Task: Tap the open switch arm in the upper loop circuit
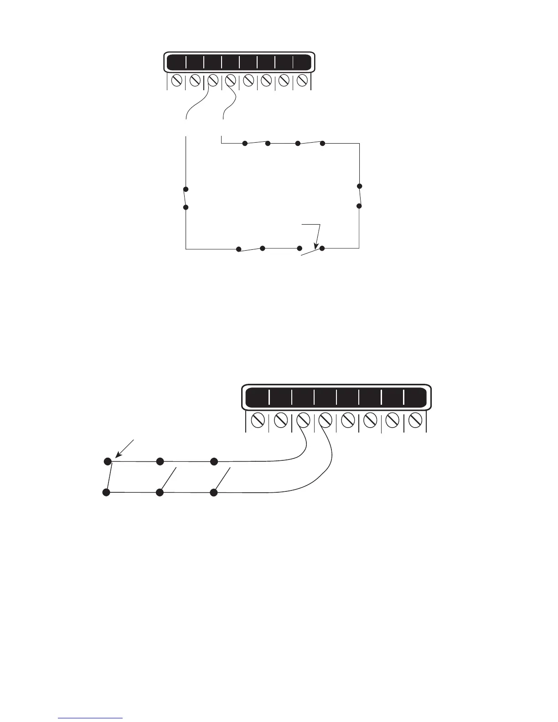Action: (311, 253)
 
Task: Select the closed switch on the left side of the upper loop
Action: (186, 198)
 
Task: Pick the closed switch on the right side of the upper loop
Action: (359, 196)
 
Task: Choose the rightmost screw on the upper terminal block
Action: (302, 81)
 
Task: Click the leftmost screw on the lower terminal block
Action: (258, 419)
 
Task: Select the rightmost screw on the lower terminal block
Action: (415, 419)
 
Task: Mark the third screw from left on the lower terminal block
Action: (303, 419)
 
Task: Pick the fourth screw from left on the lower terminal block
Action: (325, 419)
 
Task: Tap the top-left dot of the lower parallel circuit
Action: (108, 461)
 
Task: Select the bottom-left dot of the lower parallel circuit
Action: (106, 493)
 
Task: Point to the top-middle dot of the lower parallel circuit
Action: (160, 461)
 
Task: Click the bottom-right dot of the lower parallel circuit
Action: (213, 493)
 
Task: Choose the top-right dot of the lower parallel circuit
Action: (213, 461)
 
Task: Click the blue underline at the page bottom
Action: (91, 718)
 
